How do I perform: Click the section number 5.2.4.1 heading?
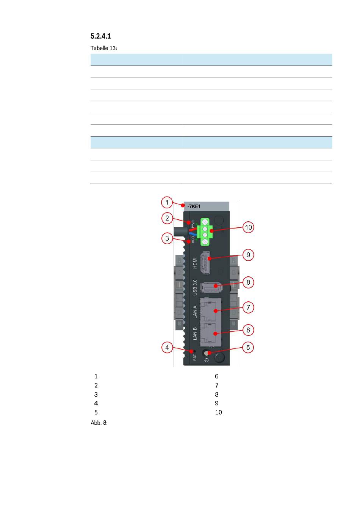pos(101,36)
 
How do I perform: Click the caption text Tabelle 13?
pos(104,48)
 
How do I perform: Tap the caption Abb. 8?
pos(99,422)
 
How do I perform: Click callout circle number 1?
pos(167,202)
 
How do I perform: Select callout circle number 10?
pos(248,227)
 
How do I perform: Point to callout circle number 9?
pos(248,255)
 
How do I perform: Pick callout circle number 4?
pos(167,347)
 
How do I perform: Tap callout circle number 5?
pos(248,347)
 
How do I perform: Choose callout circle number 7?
pos(248,307)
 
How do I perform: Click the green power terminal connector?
pos(205,232)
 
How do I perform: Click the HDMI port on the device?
pos(206,263)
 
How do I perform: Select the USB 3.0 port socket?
pos(211,287)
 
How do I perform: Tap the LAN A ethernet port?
pos(211,310)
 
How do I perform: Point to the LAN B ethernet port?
pos(211,332)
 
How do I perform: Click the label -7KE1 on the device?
pos(194,206)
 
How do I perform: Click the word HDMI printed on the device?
pos(195,263)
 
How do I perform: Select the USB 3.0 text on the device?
pos(195,287)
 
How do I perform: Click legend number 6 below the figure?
pos(217,376)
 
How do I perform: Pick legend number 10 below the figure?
pos(218,413)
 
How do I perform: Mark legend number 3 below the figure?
pos(96,395)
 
